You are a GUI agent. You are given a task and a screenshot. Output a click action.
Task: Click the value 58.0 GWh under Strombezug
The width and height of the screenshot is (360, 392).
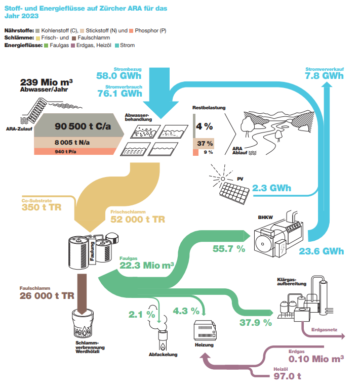118,76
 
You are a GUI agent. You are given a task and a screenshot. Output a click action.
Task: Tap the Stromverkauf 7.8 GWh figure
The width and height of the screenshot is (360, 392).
324,76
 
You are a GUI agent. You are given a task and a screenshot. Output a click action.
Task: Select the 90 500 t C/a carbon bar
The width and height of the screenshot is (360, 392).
81,126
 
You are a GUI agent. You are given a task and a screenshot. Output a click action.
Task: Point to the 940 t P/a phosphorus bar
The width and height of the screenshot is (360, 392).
76,151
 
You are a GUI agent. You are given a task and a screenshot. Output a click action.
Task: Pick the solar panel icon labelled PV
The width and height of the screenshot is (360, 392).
234,190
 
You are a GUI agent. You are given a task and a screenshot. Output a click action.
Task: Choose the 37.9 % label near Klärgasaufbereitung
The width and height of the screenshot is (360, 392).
255,322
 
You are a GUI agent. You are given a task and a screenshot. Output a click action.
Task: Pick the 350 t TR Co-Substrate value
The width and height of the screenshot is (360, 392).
42,207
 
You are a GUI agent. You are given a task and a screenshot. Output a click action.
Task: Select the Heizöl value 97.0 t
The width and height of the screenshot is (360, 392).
287,376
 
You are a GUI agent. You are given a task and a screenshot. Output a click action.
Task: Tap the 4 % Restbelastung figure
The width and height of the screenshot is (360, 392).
204,126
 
